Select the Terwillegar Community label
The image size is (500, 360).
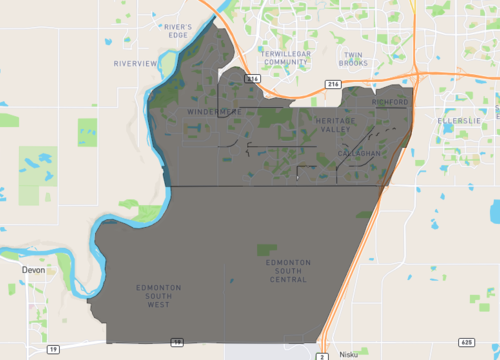tap(285, 56)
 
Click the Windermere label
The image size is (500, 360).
tap(209, 112)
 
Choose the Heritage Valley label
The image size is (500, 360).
tap(334, 124)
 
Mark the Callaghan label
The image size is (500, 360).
tap(358, 152)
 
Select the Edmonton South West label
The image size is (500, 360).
tap(158, 295)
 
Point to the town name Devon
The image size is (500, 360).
tap(35, 269)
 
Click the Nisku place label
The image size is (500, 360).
tap(346, 353)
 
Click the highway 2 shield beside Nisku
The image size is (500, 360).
tap(323, 354)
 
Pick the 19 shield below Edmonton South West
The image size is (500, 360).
tap(177, 341)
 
